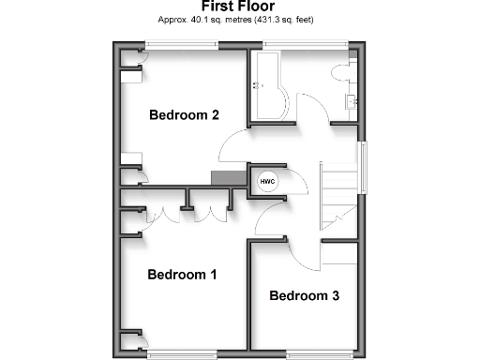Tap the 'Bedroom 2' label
click(x=185, y=115)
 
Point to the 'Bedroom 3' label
click(x=304, y=295)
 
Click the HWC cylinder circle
click(x=267, y=178)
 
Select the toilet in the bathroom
click(x=341, y=73)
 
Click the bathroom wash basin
click(x=353, y=100)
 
